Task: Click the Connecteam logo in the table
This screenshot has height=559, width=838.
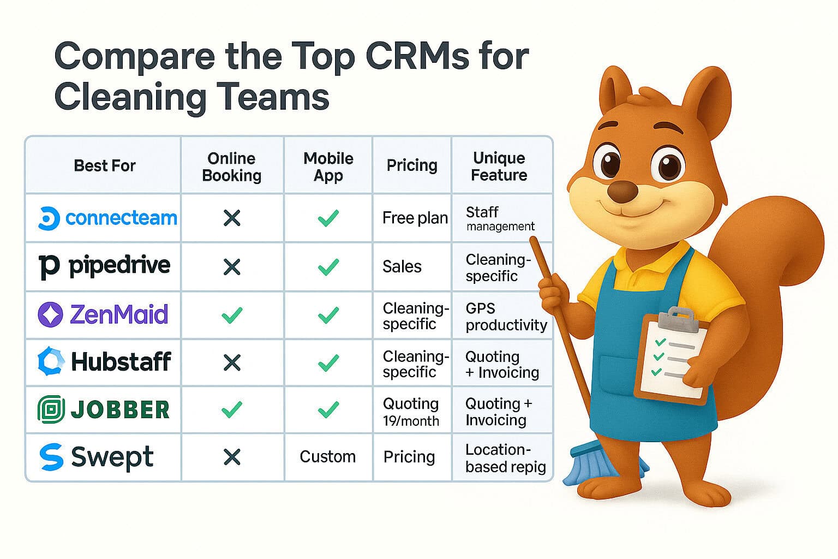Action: pyautogui.click(x=107, y=218)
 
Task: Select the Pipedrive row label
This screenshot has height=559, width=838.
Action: pyautogui.click(x=104, y=266)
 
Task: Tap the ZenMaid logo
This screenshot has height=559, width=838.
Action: pyautogui.click(x=103, y=314)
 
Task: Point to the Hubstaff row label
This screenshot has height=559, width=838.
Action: pyautogui.click(x=104, y=362)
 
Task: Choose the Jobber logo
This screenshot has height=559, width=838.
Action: pyautogui.click(x=104, y=410)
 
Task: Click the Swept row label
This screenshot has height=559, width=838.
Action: pyautogui.click(x=97, y=457)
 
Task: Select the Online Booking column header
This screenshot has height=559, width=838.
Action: pyautogui.click(x=232, y=166)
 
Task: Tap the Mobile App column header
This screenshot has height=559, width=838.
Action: pyautogui.click(x=328, y=166)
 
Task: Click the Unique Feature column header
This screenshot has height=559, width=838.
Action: pyautogui.click(x=499, y=166)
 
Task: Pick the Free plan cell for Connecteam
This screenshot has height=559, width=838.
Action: pyautogui.click(x=415, y=218)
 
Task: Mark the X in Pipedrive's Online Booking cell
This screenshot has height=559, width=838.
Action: pyautogui.click(x=232, y=267)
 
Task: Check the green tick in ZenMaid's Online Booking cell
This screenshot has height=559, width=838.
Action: pyautogui.click(x=232, y=315)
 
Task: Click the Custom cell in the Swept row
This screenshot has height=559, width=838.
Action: pyautogui.click(x=327, y=457)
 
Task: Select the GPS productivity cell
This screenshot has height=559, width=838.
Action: pyautogui.click(x=506, y=317)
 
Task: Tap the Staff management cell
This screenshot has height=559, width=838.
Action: pyautogui.click(x=500, y=218)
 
